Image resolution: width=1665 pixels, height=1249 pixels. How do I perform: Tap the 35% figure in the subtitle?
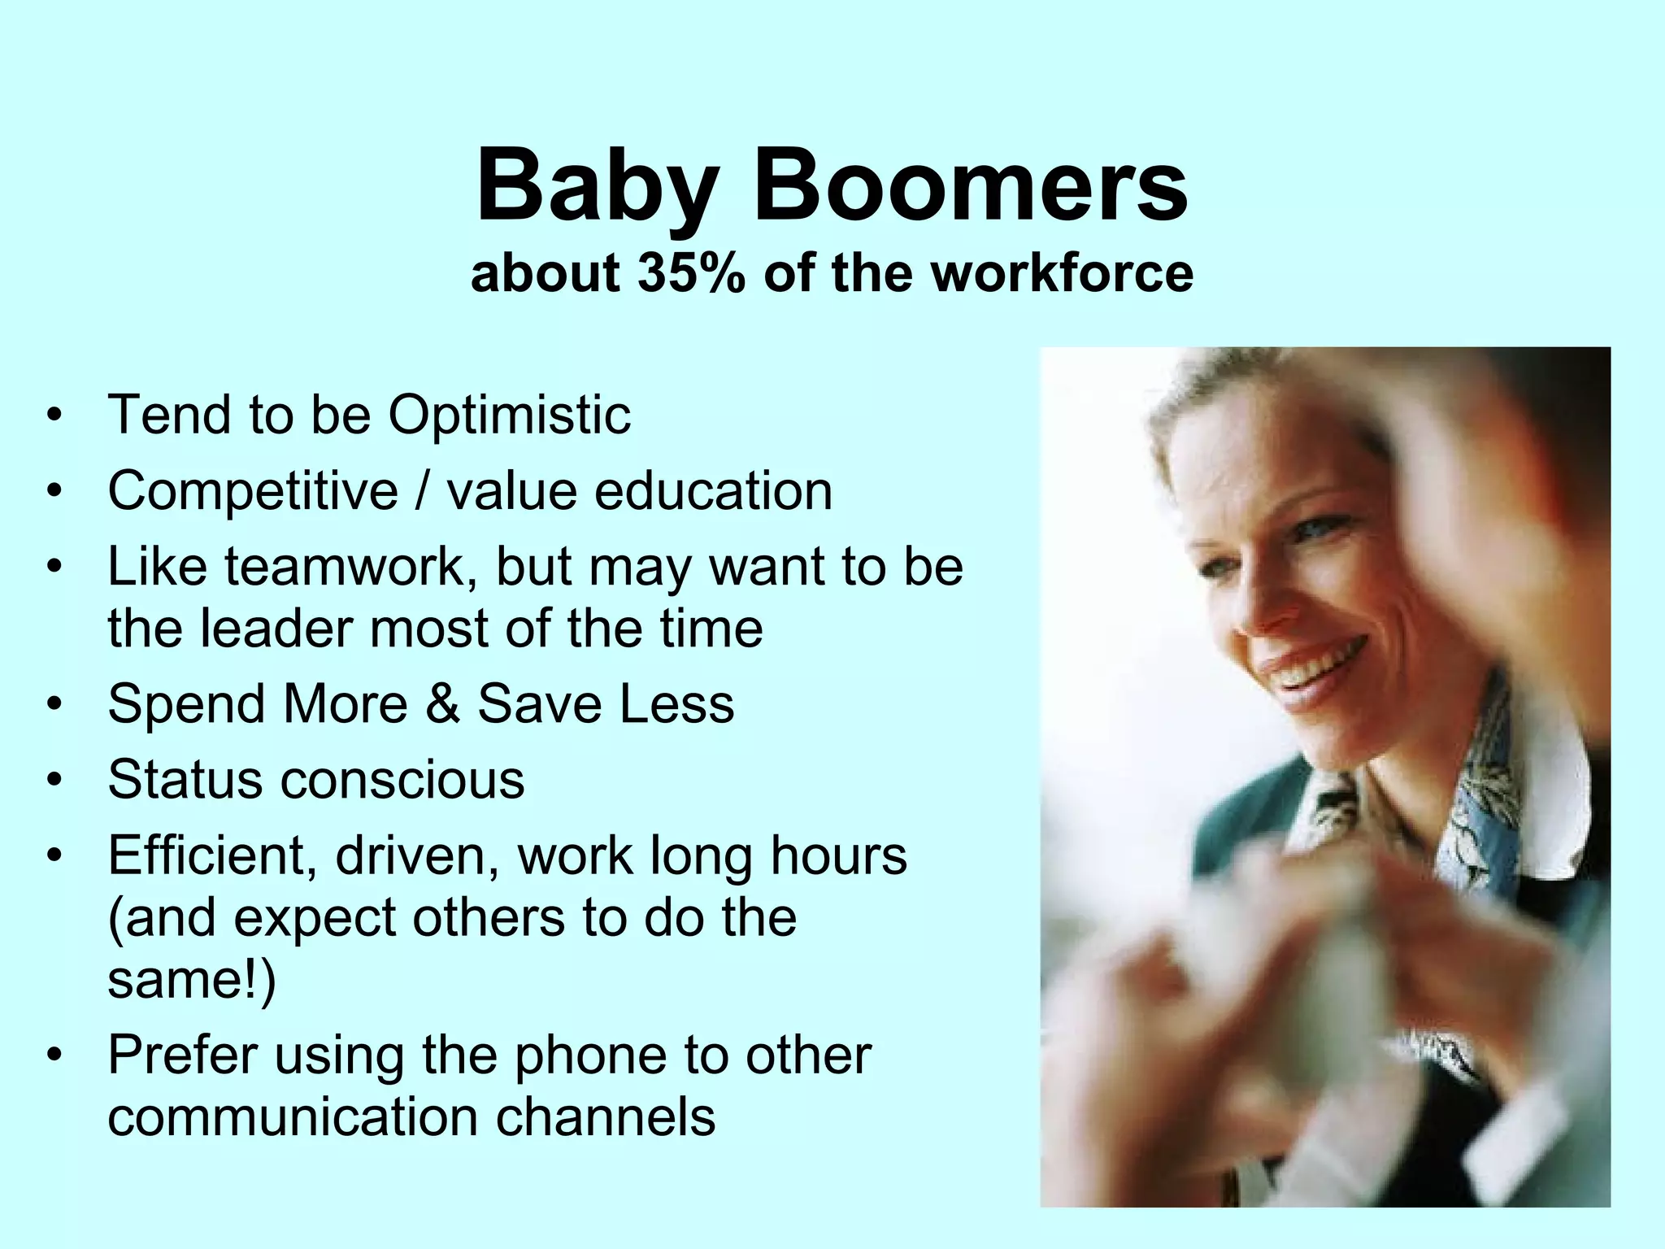point(691,273)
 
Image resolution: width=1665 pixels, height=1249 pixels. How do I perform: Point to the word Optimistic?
point(509,416)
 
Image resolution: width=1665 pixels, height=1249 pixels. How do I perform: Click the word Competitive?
point(253,492)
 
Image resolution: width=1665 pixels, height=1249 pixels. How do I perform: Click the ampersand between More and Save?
point(442,704)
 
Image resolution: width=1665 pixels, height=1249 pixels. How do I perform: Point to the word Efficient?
point(212,855)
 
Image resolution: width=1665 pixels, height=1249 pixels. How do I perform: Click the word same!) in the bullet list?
point(192,980)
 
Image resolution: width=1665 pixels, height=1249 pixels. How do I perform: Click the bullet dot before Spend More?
point(54,704)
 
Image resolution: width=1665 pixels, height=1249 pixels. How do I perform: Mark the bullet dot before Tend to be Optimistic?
point(54,416)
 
